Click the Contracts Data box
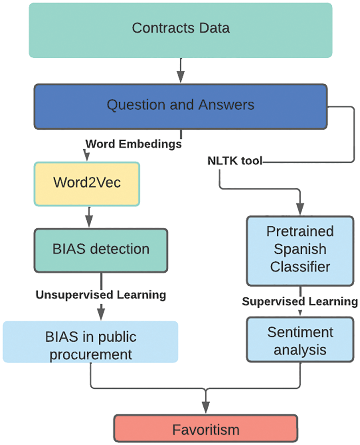pos(180,30)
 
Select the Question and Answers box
pos(180,106)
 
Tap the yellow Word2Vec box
pos(87,184)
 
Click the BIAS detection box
pos(101,250)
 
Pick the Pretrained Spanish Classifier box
pos(300,250)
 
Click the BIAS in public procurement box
pos(90,342)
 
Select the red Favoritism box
pos(206,429)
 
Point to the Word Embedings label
pos(133,145)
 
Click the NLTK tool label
pos(235,161)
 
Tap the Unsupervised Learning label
pos(101,295)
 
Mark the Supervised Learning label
pos(300,301)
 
